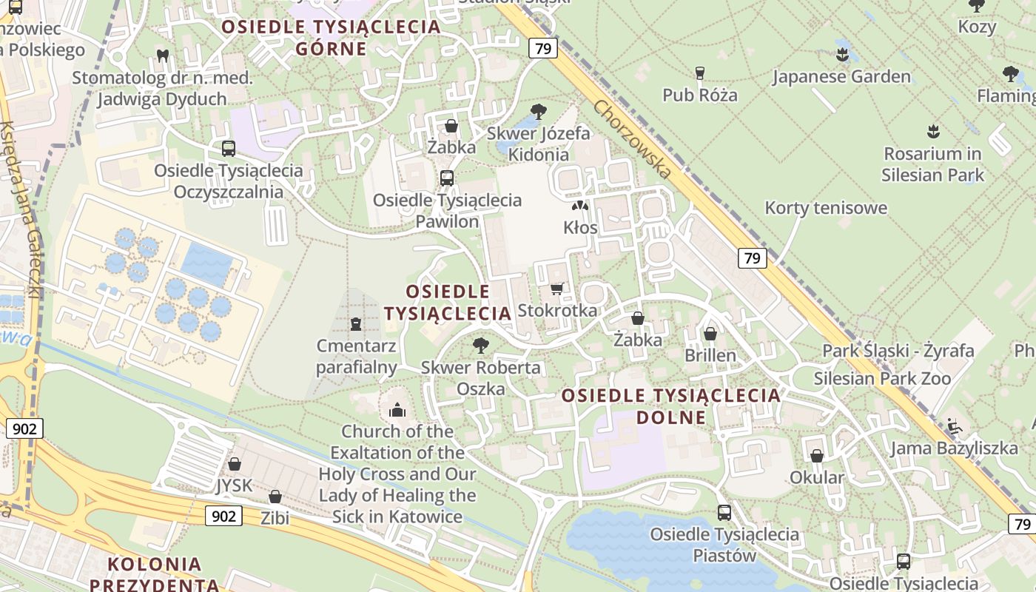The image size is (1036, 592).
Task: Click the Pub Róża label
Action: [699, 95]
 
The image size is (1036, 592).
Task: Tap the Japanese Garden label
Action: [841, 77]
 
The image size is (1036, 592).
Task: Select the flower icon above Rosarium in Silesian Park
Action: [932, 132]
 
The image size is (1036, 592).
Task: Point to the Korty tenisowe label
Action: [826, 208]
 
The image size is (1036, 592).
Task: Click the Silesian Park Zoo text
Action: [882, 379]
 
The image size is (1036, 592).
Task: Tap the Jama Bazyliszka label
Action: [954, 448]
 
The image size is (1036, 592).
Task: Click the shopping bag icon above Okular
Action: [817, 456]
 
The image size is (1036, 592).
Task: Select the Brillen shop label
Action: [710, 355]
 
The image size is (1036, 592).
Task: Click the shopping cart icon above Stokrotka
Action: [557, 289]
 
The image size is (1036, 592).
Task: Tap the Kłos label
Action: [580, 228]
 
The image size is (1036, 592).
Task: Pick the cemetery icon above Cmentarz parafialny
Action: [356, 324]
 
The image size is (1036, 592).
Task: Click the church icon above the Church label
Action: [397, 410]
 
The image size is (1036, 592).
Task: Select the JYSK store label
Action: [234, 485]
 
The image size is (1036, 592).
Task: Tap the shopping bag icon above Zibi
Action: [275, 497]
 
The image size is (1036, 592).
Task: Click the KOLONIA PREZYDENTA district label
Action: [155, 574]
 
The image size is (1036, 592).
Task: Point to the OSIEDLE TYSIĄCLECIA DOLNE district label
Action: [671, 406]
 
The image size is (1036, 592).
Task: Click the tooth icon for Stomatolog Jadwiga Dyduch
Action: [163, 55]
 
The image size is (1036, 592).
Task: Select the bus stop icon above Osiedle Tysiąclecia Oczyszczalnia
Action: [229, 149]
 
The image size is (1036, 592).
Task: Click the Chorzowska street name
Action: [632, 139]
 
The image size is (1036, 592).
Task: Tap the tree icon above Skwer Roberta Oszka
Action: [481, 345]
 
